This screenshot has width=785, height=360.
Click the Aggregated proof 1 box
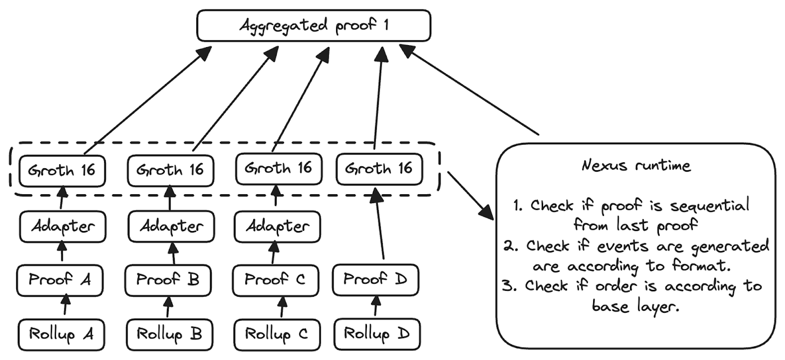click(x=314, y=26)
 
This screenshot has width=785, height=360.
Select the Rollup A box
click(x=61, y=334)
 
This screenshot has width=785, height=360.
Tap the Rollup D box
click(x=377, y=334)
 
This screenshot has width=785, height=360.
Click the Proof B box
click(x=168, y=280)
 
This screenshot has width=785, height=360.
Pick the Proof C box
click(x=275, y=280)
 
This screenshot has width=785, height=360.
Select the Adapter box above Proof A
click(x=63, y=227)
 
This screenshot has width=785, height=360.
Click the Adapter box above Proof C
click(x=277, y=227)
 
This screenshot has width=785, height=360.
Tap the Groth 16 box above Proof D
click(x=379, y=169)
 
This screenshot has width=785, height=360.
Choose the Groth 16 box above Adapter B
click(x=170, y=171)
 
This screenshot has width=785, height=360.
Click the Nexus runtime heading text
click(x=636, y=165)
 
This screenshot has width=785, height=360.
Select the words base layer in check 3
click(x=635, y=307)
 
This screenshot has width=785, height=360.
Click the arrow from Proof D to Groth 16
click(x=380, y=226)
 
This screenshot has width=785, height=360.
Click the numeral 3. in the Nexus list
click(x=509, y=286)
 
